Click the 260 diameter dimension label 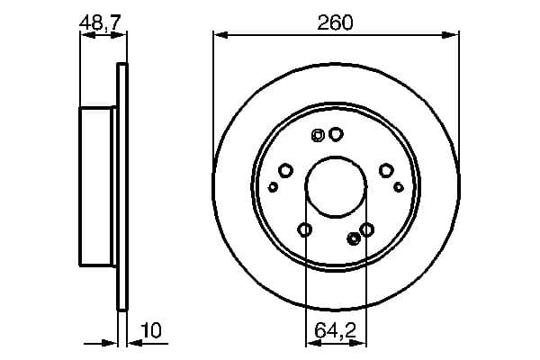coord(335,22)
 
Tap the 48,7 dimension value coord(100,22)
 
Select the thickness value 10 coord(151,330)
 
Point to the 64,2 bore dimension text coord(335,330)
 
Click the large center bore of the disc coord(336,186)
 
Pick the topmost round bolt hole coord(336,134)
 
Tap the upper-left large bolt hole coord(285,170)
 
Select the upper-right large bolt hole coord(386,170)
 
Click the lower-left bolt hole coord(304,229)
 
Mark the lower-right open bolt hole coord(367,229)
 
